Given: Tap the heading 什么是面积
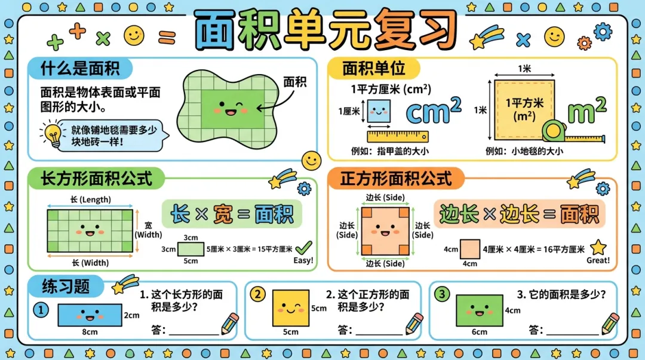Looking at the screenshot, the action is (x=79, y=67).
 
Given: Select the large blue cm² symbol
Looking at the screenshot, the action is (x=434, y=110).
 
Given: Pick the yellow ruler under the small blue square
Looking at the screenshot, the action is (x=398, y=136).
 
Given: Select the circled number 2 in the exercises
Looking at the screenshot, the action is (x=257, y=294).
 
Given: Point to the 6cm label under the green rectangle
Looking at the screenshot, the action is (x=480, y=332).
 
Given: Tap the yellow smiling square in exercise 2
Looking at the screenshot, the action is (x=291, y=308).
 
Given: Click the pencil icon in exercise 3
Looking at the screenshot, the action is (x=610, y=324).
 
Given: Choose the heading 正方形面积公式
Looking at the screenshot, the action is (x=394, y=178).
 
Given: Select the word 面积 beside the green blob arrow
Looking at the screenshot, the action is (x=294, y=82).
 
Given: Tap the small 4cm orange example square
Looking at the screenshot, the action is (x=470, y=249).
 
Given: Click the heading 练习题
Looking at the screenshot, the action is (x=66, y=286).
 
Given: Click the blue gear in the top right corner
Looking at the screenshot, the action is (x=603, y=30).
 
